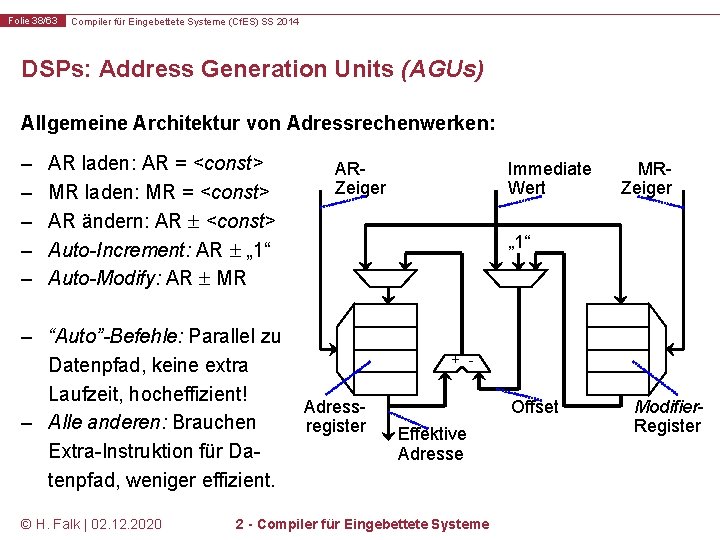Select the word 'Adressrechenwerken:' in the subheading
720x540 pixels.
click(x=390, y=124)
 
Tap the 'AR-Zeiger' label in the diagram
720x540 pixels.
click(x=359, y=178)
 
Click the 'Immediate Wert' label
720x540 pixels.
click(x=549, y=178)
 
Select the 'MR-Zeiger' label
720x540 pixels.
click(x=646, y=178)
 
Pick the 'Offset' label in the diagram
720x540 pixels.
click(x=534, y=406)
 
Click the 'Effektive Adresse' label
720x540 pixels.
click(x=431, y=443)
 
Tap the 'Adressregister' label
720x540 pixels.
click(x=335, y=416)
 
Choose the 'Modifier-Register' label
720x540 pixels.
click(x=667, y=416)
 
